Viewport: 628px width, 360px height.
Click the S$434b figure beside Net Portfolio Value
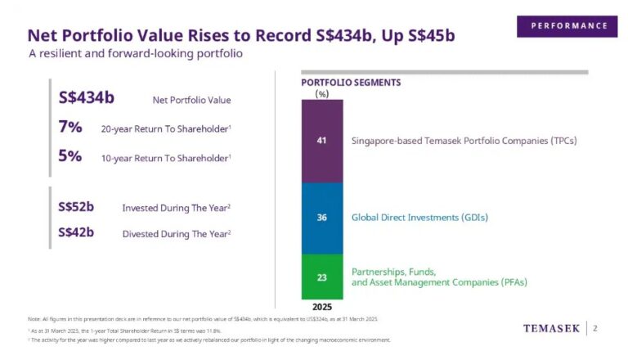point(87,99)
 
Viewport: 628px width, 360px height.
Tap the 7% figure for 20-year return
point(70,128)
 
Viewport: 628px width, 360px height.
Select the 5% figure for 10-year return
point(70,156)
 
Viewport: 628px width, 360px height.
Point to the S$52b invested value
point(76,206)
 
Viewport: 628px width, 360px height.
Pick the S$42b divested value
point(76,232)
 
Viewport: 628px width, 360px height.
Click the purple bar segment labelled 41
point(322,141)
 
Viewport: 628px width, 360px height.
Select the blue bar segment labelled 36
point(322,218)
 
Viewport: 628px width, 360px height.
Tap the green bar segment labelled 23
point(322,277)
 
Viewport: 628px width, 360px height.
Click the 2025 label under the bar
point(322,307)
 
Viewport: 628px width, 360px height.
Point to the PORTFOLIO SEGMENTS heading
point(351,83)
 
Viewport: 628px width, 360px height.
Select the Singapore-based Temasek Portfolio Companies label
point(464,141)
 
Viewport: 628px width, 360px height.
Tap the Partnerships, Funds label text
point(393,271)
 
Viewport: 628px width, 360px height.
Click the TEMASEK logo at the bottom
point(551,329)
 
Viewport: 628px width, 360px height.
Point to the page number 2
point(595,329)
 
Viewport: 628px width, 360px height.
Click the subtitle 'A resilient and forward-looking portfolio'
point(136,53)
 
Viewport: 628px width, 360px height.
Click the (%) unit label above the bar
point(321,93)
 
